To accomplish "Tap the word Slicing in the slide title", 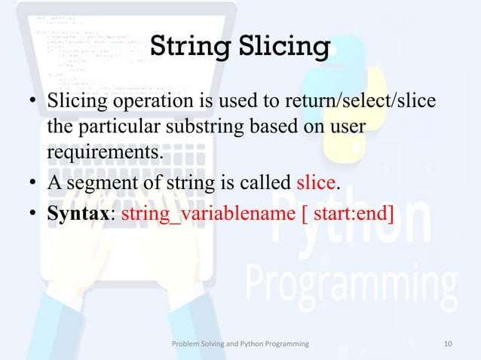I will pos(283,47).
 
